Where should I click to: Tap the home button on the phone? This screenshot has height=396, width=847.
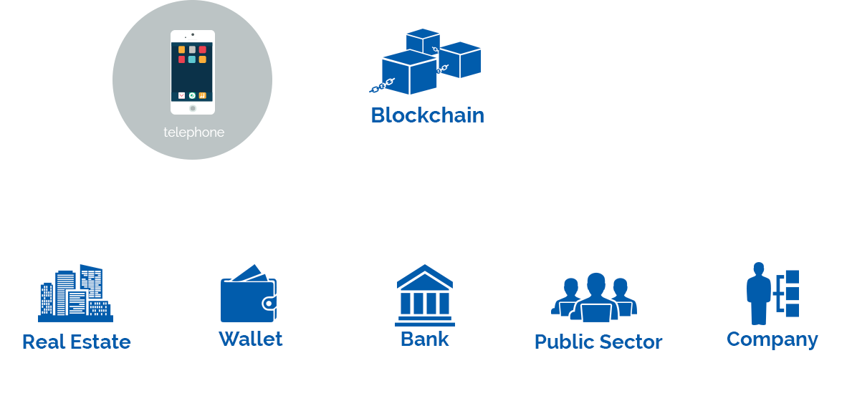coord(193,108)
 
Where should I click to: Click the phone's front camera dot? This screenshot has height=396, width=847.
coord(193,35)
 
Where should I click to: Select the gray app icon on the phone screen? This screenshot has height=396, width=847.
coord(192,49)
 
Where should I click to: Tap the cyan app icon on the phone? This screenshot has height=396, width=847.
coord(192,59)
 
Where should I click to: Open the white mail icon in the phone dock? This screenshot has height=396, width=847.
coord(181,95)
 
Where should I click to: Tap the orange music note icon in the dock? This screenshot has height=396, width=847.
coord(203,95)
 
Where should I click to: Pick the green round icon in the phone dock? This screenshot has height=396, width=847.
coord(192,95)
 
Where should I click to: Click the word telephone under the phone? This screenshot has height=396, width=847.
coord(194,132)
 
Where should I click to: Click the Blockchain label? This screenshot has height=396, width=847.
coord(427,115)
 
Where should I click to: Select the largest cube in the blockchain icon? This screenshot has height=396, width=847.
coord(409,72)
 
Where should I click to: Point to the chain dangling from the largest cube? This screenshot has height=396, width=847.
coord(382,85)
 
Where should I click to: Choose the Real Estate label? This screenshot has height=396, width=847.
coord(76,342)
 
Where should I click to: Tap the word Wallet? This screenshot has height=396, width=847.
coord(251,339)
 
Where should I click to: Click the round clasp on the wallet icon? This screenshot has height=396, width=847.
coord(269,303)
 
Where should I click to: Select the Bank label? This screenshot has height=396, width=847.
coord(425,339)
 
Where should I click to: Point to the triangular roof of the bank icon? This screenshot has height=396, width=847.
coord(425,276)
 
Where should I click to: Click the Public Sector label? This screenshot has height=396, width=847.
coord(598,342)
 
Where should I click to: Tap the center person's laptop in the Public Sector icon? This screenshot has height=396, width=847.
coord(596,312)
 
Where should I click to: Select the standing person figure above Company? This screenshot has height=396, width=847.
coord(758,294)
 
